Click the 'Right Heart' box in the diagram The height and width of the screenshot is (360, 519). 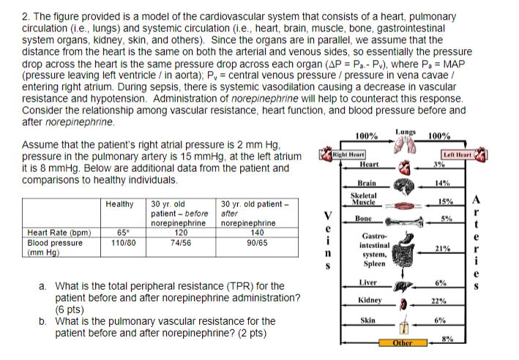(x=348, y=155)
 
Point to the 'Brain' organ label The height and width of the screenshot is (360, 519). (x=367, y=182)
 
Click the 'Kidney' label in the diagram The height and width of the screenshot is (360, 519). (x=370, y=301)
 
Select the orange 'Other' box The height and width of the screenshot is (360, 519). (x=403, y=342)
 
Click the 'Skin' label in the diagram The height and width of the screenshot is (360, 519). (x=368, y=320)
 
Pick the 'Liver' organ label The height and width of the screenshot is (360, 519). (x=368, y=282)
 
